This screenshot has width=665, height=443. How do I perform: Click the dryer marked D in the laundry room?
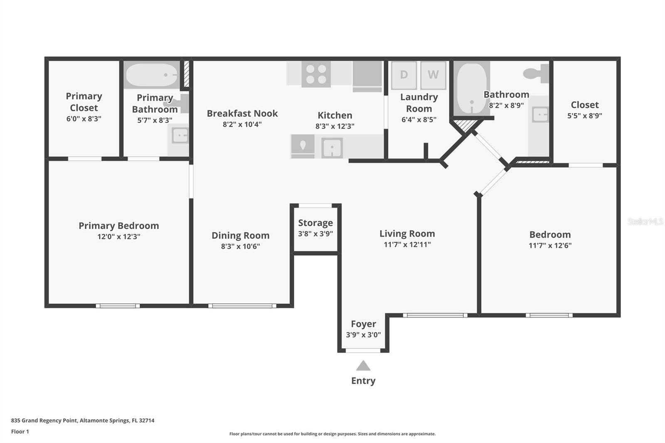pyautogui.click(x=404, y=75)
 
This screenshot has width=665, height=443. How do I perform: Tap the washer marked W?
pyautogui.click(x=433, y=75)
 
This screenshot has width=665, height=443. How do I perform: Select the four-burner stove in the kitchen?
pyautogui.click(x=316, y=74)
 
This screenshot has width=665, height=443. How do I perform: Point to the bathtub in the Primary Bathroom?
pyautogui.click(x=151, y=75)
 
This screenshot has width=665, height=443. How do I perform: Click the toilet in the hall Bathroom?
pyautogui.click(x=536, y=74)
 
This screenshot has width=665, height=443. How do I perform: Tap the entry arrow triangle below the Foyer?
pyautogui.click(x=363, y=366)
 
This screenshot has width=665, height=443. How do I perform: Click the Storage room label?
pyautogui.click(x=315, y=223)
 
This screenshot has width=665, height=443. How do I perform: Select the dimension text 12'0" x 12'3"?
pyautogui.click(x=119, y=237)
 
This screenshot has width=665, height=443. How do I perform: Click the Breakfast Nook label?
pyautogui.click(x=242, y=113)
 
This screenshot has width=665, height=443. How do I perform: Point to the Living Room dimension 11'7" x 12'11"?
pyautogui.click(x=407, y=245)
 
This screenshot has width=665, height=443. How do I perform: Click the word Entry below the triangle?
pyautogui.click(x=363, y=381)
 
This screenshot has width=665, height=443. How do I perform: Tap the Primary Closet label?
pyautogui.click(x=84, y=102)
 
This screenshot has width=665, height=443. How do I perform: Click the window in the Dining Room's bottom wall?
pyautogui.click(x=242, y=306)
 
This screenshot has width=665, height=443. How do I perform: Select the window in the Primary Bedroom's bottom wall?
pyautogui.click(x=118, y=306)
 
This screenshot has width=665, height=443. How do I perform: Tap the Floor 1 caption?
pyautogui.click(x=20, y=431)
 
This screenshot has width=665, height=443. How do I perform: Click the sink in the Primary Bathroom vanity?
pyautogui.click(x=180, y=135)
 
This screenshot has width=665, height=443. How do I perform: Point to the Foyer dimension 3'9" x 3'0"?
pyautogui.click(x=363, y=335)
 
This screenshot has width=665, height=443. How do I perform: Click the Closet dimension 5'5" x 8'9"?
pyautogui.click(x=584, y=116)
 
